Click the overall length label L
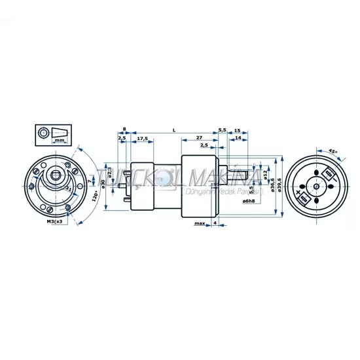click(173, 130)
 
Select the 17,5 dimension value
click(142, 138)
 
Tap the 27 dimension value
click(198, 138)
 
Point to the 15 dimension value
click(236, 130)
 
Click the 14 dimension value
click(236, 138)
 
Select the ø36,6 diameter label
click(272, 187)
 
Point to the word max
click(200, 223)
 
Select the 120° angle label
click(96, 195)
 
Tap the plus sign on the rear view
click(299, 195)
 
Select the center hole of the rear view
click(317, 186)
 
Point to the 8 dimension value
click(124, 130)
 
